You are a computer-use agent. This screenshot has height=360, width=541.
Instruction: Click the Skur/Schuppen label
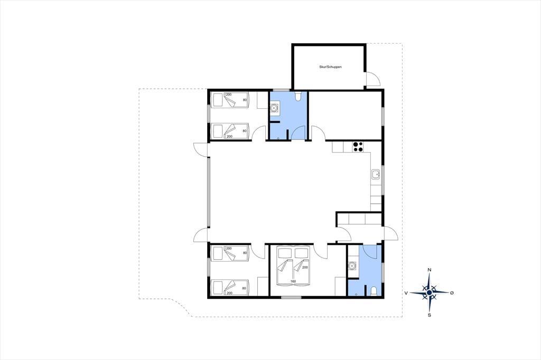(330, 67)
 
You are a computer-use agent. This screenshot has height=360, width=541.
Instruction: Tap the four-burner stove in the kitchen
(358, 147)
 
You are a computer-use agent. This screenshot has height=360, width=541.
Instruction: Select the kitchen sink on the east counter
(376, 175)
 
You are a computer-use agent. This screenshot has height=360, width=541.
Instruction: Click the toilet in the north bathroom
(299, 96)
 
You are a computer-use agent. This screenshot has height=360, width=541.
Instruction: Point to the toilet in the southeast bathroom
(373, 291)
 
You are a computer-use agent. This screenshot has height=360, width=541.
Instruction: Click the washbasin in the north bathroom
(274, 108)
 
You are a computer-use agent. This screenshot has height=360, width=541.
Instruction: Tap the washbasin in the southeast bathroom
(351, 266)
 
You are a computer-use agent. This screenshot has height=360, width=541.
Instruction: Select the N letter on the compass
(429, 270)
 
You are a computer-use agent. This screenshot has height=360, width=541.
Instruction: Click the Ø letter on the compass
(452, 293)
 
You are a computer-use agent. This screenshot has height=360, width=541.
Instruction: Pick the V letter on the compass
(406, 293)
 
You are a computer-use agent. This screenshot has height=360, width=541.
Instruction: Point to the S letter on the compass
(429, 315)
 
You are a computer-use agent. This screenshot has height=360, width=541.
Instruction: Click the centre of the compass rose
(429, 292)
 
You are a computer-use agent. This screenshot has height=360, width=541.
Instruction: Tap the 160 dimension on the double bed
(293, 281)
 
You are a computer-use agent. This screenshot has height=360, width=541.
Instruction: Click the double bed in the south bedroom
(294, 266)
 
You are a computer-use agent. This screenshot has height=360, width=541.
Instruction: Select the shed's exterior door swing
(373, 79)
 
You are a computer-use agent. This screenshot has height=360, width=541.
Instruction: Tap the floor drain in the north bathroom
(278, 138)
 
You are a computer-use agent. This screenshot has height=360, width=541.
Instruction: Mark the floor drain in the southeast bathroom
(357, 294)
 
